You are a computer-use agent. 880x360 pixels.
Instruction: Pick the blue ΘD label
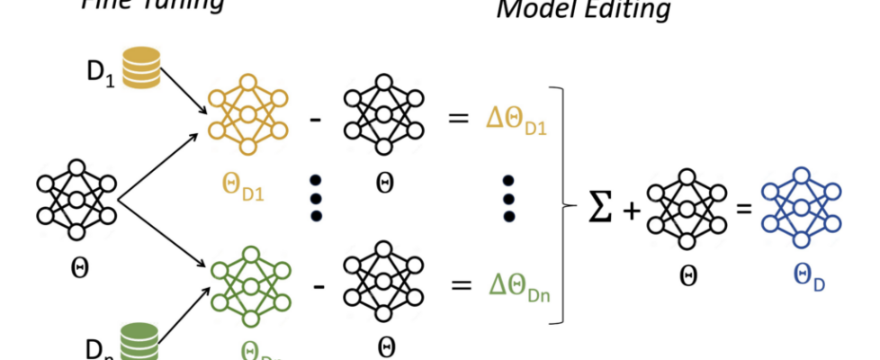pos(806,282)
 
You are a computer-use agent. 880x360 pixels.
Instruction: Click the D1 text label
pos(98,68)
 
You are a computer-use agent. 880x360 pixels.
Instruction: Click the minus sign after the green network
pos(316,286)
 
